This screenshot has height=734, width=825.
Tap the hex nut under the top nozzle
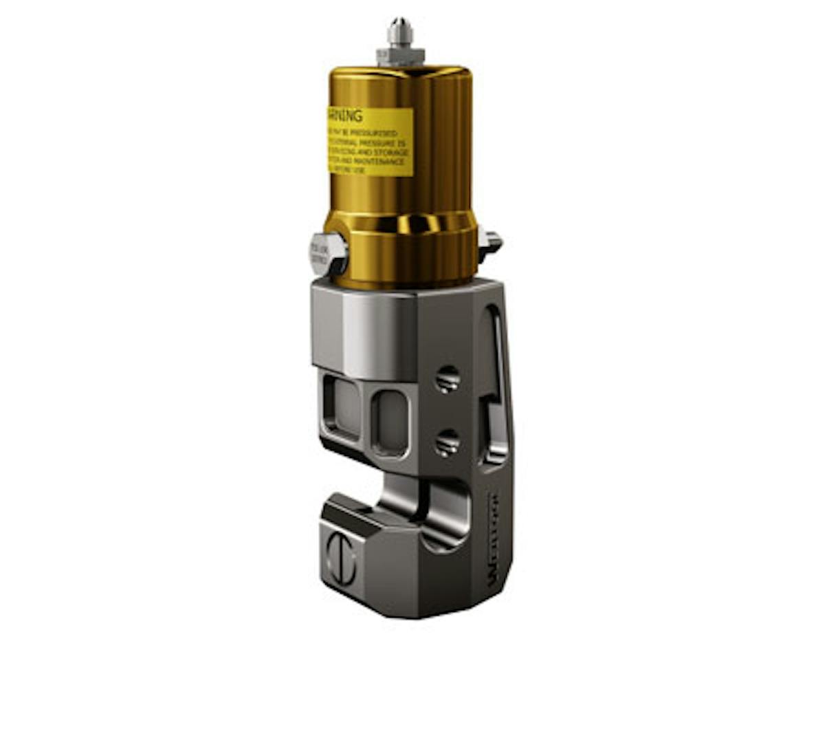point(399,55)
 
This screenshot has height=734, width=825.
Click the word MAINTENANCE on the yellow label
point(387,162)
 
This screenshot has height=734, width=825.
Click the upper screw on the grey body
point(448,379)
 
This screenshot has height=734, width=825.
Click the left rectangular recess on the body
point(341,409)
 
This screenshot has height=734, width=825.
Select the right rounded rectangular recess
point(390,423)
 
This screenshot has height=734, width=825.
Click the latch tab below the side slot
point(496,433)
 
